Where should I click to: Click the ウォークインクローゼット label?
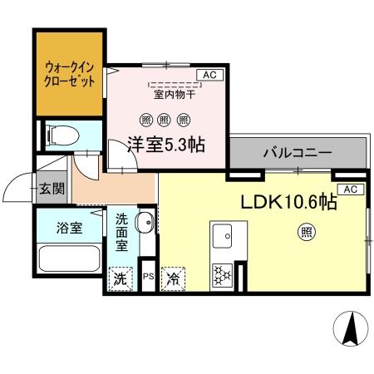(x=69, y=74)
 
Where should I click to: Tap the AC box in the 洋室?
(x=209, y=75)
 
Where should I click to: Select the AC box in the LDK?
(x=349, y=189)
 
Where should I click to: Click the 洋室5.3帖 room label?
(x=165, y=143)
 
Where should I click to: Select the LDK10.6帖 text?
(x=288, y=202)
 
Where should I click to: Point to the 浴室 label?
(x=69, y=228)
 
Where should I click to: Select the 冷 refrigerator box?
(x=174, y=278)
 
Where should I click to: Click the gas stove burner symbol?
(x=223, y=273)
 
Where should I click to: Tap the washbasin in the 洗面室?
(x=145, y=223)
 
